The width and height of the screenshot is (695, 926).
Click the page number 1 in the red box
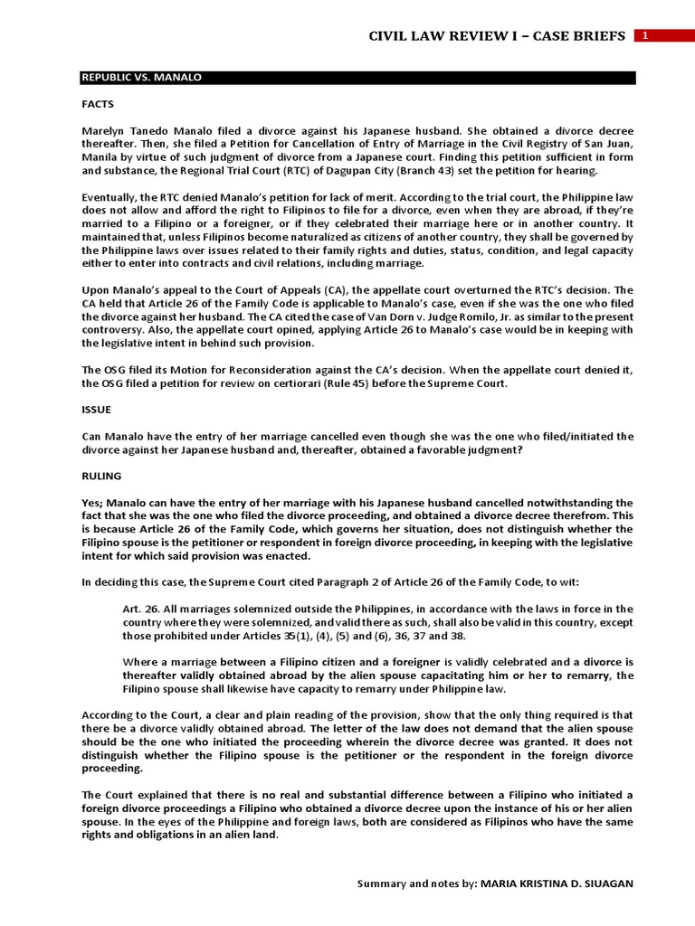coord(645,36)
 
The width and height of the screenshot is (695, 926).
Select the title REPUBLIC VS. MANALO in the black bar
coord(142,78)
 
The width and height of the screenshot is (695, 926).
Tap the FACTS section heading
coord(98,104)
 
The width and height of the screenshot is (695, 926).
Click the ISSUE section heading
coord(96,410)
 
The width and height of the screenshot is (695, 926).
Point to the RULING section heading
coord(101,476)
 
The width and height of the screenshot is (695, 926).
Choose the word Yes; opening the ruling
coord(93,503)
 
